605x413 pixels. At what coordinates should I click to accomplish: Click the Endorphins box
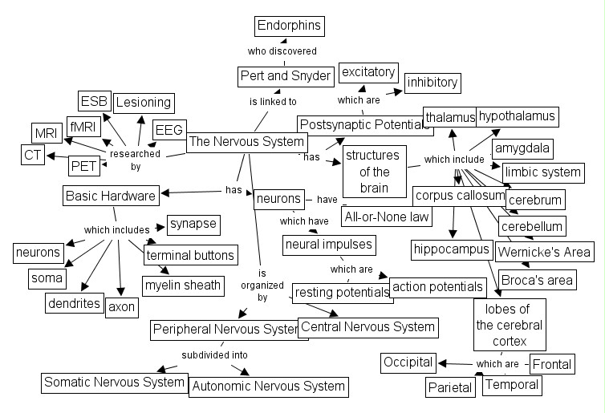pyautogui.click(x=290, y=26)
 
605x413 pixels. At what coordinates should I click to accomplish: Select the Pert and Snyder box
pyautogui.click(x=286, y=76)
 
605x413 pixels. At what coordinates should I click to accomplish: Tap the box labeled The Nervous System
pyautogui.click(x=247, y=142)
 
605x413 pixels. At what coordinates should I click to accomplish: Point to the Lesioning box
pyautogui.click(x=144, y=103)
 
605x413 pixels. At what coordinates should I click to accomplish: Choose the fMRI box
pyautogui.click(x=83, y=127)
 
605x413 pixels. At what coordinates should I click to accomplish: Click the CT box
pyautogui.click(x=32, y=155)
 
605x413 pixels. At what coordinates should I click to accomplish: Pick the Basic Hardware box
pyautogui.click(x=111, y=196)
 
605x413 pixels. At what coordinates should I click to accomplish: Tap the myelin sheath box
pyautogui.click(x=183, y=285)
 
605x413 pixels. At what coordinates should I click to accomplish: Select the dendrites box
pyautogui.click(x=74, y=303)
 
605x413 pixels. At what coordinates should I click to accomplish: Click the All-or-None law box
pyautogui.click(x=387, y=217)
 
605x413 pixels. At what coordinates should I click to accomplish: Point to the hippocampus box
pyautogui.click(x=452, y=249)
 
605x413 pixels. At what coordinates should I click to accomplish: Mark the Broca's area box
pyautogui.click(x=537, y=280)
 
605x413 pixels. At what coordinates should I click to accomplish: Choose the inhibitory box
pyautogui.click(x=432, y=83)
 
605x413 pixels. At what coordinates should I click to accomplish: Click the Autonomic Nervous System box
pyautogui.click(x=269, y=387)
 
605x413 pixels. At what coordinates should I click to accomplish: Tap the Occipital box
pyautogui.click(x=408, y=362)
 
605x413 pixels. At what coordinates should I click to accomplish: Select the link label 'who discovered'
pyautogui.click(x=282, y=51)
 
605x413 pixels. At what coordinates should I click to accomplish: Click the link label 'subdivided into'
pyautogui.click(x=214, y=355)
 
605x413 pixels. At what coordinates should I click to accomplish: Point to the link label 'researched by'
pyautogui.click(x=135, y=160)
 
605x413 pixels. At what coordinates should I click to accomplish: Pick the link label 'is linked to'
pyautogui.click(x=273, y=102)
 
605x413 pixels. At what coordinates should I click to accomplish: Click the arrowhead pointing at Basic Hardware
pyautogui.click(x=165, y=192)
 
